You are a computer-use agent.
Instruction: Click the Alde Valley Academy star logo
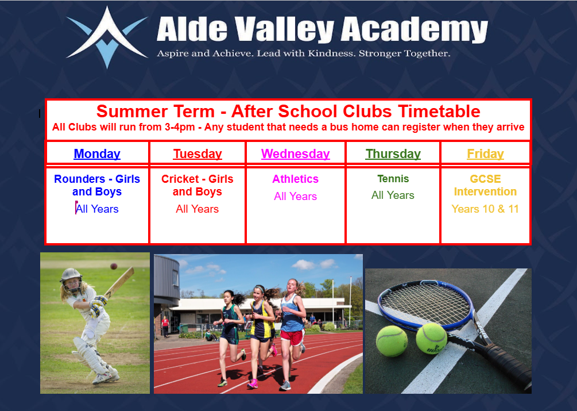(x=107, y=37)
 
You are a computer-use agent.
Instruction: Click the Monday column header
(x=97, y=153)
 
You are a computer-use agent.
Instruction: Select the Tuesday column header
(x=198, y=153)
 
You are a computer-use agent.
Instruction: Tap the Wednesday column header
(x=296, y=153)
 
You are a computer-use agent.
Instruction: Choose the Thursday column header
(x=393, y=153)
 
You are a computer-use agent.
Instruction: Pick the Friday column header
(x=485, y=153)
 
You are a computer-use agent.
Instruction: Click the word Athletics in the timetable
(x=296, y=179)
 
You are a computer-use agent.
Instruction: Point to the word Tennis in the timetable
(x=393, y=179)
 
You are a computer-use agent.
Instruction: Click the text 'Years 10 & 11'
(x=485, y=209)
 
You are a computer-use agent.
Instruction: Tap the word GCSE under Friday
(x=485, y=179)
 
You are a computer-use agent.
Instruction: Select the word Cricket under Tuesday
(x=180, y=179)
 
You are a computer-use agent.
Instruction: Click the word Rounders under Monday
(x=79, y=179)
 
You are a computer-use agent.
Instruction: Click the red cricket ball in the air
(x=114, y=266)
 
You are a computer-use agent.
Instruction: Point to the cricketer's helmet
(x=71, y=279)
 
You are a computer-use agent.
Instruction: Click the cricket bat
(x=119, y=282)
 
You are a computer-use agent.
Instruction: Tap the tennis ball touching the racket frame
(x=431, y=339)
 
